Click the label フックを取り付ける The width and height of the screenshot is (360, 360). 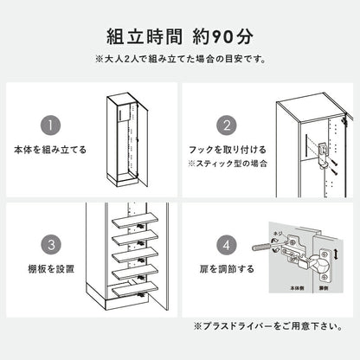[228, 150]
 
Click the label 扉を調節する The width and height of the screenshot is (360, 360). [228, 269]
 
